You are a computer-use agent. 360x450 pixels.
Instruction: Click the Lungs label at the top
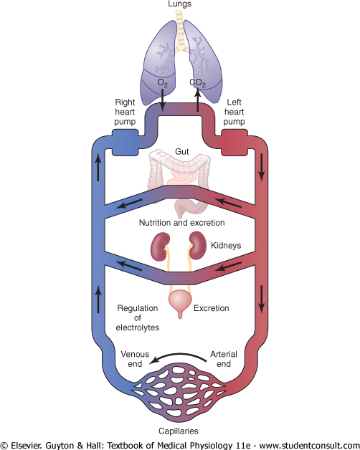pos(179,4)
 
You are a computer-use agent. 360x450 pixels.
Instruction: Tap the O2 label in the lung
pos(163,83)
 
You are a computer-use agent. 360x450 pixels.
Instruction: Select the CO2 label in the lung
pos(198,83)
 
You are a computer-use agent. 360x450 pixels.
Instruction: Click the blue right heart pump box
pos(125,143)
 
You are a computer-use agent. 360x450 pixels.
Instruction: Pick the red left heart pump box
pos(235,143)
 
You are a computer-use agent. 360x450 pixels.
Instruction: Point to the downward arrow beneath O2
pos(163,100)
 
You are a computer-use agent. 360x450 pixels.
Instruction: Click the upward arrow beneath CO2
pos(198,100)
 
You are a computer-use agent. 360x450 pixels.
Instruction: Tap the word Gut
pos(182,151)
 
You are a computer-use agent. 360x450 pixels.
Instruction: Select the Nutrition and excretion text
pos(182,223)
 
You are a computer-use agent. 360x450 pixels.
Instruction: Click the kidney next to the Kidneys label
pos(198,246)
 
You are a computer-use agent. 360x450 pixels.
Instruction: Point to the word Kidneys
pos(226,246)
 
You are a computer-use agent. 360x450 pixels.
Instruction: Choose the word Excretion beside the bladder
pos(211,308)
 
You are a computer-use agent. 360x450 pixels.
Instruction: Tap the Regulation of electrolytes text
pos(138,317)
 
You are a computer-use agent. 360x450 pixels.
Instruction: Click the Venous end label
pos(135,359)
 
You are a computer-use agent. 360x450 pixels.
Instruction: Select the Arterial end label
pos(224,359)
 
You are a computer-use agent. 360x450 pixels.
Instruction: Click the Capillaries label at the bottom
pos(179,431)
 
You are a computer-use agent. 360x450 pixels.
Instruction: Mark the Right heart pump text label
pos(125,112)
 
